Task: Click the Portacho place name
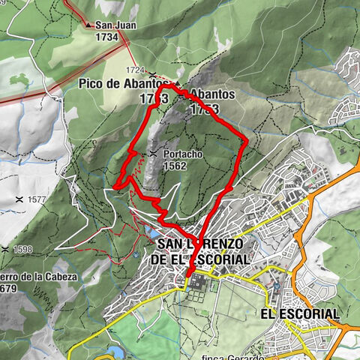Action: click(x=181, y=154)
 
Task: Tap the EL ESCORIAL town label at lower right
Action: click(x=299, y=313)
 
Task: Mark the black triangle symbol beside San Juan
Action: click(x=88, y=25)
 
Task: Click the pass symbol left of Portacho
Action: click(x=153, y=154)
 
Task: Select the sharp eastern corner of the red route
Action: click(x=247, y=139)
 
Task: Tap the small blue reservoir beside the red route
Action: click(x=154, y=232)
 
